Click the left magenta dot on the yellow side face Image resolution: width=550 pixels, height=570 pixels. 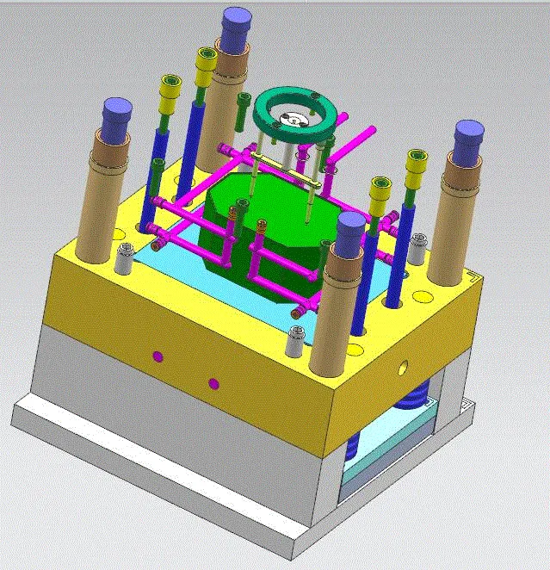tap(157, 356)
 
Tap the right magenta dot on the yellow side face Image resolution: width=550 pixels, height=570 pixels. tap(214, 383)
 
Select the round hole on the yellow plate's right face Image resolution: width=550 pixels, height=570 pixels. tap(403, 367)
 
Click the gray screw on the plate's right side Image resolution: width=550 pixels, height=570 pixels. tap(418, 247)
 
